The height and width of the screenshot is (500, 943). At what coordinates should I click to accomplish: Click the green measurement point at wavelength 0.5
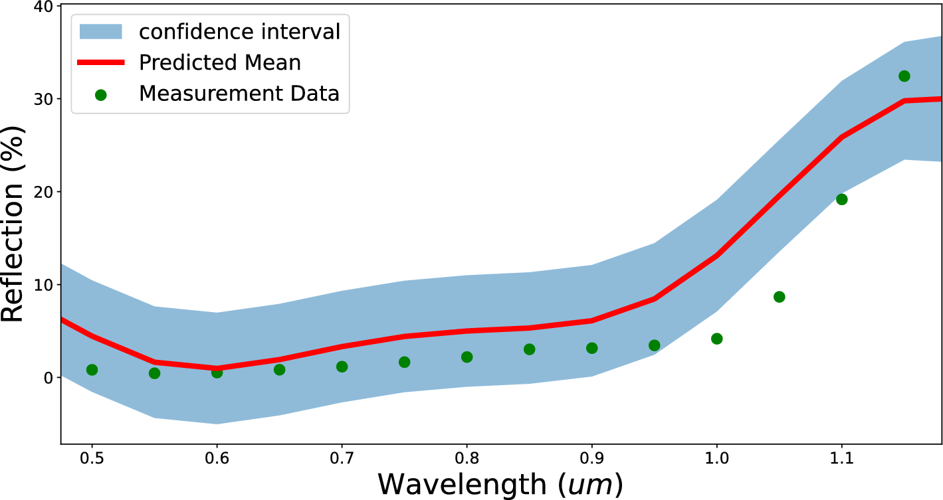click(x=92, y=370)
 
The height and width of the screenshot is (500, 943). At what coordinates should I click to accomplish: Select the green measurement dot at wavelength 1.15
click(x=904, y=76)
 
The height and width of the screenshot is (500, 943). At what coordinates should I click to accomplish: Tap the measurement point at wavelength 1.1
click(x=841, y=199)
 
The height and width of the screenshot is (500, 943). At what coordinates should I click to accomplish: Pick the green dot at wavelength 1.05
click(x=779, y=297)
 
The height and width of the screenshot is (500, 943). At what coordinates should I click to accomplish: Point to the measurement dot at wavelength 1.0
click(x=716, y=339)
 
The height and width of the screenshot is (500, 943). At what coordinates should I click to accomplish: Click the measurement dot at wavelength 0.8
click(x=467, y=357)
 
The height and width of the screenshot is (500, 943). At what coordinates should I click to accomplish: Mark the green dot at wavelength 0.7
click(x=342, y=367)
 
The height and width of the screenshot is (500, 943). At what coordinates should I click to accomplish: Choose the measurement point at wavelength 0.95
click(x=654, y=345)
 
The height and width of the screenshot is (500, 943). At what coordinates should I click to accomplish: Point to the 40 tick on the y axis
click(x=43, y=6)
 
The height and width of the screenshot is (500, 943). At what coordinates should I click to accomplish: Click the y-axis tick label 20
click(x=43, y=192)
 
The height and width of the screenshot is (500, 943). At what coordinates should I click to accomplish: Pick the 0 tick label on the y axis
click(x=48, y=378)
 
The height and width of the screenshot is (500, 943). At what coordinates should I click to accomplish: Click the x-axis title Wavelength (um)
click(x=500, y=485)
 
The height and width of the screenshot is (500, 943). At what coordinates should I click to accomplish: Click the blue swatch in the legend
click(x=101, y=31)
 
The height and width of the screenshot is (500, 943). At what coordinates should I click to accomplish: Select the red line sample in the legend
click(x=101, y=62)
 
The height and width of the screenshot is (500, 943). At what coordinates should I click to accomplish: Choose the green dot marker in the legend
click(x=101, y=95)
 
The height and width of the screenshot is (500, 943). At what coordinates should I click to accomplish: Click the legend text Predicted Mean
click(x=219, y=62)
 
